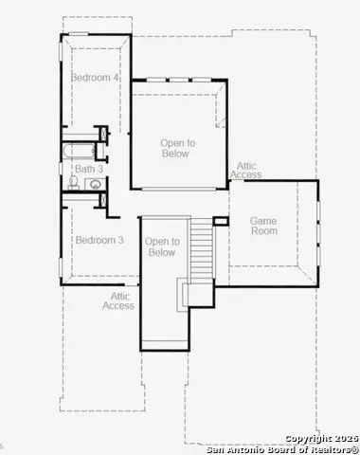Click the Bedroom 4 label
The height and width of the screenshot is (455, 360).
(x=95, y=78)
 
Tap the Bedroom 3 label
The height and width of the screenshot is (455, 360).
(x=99, y=240)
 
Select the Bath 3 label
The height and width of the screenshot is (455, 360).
(x=88, y=169)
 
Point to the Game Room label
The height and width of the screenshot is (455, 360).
(x=263, y=226)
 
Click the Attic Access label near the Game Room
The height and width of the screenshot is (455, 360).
(x=246, y=170)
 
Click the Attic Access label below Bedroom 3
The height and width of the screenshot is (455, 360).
(x=118, y=300)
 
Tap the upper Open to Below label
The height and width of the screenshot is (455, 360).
(x=177, y=149)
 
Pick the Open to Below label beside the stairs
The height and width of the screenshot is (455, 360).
(x=162, y=247)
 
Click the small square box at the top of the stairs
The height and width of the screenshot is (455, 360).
(x=221, y=221)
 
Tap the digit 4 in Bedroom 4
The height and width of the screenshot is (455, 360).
(x=116, y=78)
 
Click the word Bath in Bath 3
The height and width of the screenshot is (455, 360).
(x=84, y=169)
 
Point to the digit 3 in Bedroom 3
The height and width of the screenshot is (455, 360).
(x=120, y=240)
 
